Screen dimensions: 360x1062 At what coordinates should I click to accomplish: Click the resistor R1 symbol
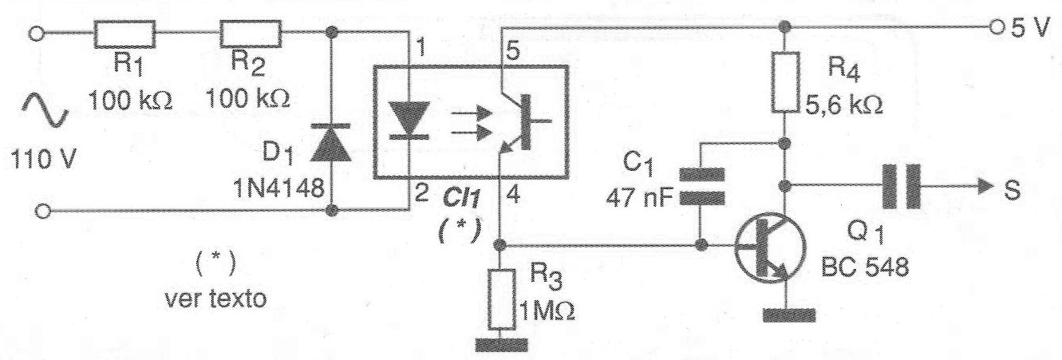[x=125, y=34]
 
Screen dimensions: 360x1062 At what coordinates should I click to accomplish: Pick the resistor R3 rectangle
[x=501, y=299]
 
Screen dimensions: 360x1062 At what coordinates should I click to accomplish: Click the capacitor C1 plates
[x=702, y=184]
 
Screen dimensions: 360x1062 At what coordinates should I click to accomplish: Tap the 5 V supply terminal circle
[x=994, y=26]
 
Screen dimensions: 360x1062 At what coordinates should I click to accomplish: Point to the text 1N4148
[x=278, y=189]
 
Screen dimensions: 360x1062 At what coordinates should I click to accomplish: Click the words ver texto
[x=215, y=299]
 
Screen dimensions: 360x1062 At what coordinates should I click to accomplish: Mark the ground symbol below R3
[x=501, y=345]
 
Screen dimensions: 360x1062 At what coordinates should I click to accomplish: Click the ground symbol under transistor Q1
[x=788, y=315]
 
